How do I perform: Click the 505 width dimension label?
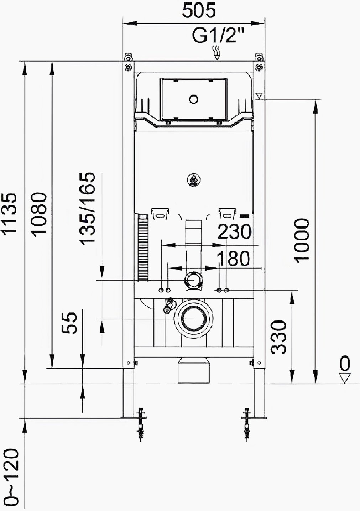tap(199, 11)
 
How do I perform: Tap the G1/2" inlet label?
tap(219, 36)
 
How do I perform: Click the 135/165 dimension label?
tap(88, 208)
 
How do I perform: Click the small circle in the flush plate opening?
tap(194, 99)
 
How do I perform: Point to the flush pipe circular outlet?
tap(193, 279)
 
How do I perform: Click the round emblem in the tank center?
tap(194, 181)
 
